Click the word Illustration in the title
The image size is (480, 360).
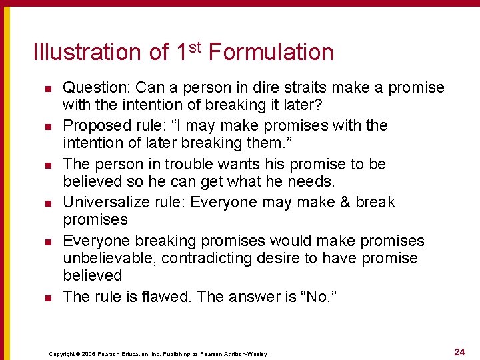87,52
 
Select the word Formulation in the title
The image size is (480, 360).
271,52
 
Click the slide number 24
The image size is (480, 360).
459,351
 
